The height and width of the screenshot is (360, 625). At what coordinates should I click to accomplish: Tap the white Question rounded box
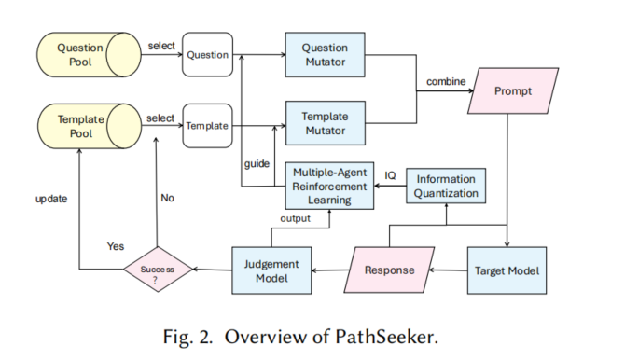pyautogui.click(x=207, y=54)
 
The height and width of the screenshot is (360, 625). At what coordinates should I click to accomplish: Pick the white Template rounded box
pyautogui.click(x=207, y=126)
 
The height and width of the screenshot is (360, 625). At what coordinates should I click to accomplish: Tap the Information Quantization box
pyautogui.click(x=446, y=186)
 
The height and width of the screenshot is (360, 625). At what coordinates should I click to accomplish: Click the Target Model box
pyautogui.click(x=505, y=270)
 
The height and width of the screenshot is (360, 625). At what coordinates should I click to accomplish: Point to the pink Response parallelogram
pyautogui.click(x=385, y=270)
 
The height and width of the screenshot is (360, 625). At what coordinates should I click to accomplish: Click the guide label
pyautogui.click(x=257, y=164)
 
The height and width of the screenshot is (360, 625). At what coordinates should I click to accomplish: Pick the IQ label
pyautogui.click(x=390, y=176)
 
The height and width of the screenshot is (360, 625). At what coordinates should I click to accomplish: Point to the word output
pyautogui.click(x=296, y=218)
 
